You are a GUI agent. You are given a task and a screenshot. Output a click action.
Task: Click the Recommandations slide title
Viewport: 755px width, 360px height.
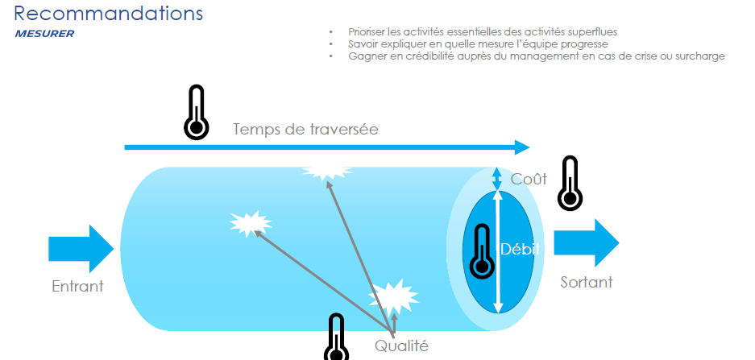point(108,13)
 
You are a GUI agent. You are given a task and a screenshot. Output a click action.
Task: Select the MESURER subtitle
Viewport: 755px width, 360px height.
point(44,34)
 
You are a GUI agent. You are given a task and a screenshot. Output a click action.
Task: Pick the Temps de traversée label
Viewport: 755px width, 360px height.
point(305,129)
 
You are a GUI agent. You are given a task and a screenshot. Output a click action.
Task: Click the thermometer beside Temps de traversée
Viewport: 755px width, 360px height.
point(197,112)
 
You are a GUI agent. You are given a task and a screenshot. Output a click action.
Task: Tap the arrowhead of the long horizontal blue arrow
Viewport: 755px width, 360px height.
point(522,147)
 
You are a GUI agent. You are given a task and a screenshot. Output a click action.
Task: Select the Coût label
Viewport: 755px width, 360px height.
point(529,179)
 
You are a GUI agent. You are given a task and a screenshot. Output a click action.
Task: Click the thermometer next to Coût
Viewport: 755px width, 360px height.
point(570,183)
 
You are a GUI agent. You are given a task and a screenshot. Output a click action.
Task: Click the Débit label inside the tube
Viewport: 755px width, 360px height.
point(520,249)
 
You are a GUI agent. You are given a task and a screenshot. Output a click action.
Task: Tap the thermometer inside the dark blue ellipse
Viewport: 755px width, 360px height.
point(482,251)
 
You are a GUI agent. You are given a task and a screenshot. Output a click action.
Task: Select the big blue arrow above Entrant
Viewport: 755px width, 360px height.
point(81,249)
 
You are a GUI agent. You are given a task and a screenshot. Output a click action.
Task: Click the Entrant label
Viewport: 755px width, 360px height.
point(77,286)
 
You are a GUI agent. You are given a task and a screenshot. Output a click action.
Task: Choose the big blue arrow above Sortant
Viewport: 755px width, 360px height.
point(587,243)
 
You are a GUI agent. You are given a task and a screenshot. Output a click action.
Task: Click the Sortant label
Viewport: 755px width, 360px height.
point(587,282)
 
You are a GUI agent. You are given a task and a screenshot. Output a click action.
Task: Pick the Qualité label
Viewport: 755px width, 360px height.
point(401,346)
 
